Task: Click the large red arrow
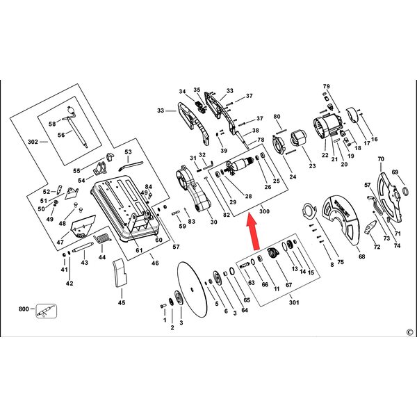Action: pyautogui.click(x=252, y=231)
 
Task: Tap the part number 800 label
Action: pyautogui.click(x=24, y=309)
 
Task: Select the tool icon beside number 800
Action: pyautogui.click(x=47, y=311)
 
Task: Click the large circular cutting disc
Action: pyautogui.click(x=192, y=289)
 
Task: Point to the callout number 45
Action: pyautogui.click(x=122, y=302)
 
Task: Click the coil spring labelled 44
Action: pyautogui.click(x=102, y=239)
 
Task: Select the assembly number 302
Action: pyautogui.click(x=33, y=142)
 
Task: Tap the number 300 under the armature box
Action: pyautogui.click(x=264, y=211)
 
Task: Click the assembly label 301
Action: pyautogui.click(x=294, y=302)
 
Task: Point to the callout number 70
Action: pyautogui.click(x=381, y=159)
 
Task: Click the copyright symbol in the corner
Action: pyautogui.click(x=409, y=332)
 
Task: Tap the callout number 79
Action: pyautogui.click(x=327, y=86)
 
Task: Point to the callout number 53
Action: pyautogui.click(x=128, y=152)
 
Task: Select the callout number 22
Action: pyautogui.click(x=325, y=155)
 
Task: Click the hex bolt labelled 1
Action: pyautogui.click(x=163, y=306)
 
